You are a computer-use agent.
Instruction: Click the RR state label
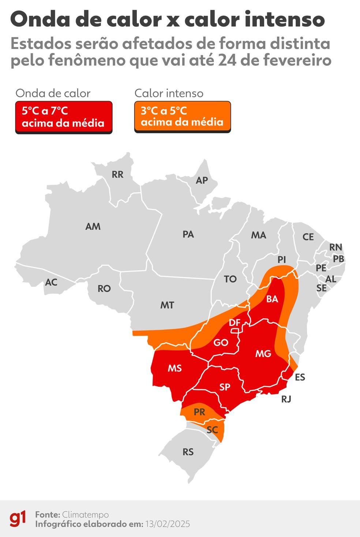pyautogui.click(x=117, y=174)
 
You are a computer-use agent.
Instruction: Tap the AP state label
pyautogui.click(x=202, y=180)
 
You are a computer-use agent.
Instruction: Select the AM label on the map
pyautogui.click(x=93, y=226)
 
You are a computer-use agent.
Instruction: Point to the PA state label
pyautogui.click(x=188, y=234)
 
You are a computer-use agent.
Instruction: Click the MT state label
pyautogui.click(x=167, y=305)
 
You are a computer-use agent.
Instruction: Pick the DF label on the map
pyautogui.click(x=235, y=323)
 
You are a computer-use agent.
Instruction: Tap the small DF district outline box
pyautogui.click(x=235, y=331)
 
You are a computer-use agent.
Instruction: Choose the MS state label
pyautogui.click(x=175, y=368)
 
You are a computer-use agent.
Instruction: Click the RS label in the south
pyautogui.click(x=188, y=452)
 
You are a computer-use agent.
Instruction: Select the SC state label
pyautogui.click(x=212, y=430)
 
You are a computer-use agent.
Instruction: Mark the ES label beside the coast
pyautogui.click(x=300, y=377)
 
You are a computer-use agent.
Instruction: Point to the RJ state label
pyautogui.click(x=286, y=399)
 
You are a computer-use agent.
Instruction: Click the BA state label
pyautogui.click(x=272, y=299)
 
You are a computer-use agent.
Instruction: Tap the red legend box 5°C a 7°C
pyautogui.click(x=64, y=117)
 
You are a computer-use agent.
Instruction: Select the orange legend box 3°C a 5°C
pyautogui.click(x=183, y=117)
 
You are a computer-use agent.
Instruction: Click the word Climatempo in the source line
pyautogui.click(x=85, y=515)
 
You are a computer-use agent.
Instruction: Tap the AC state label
pyautogui.click(x=51, y=282)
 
